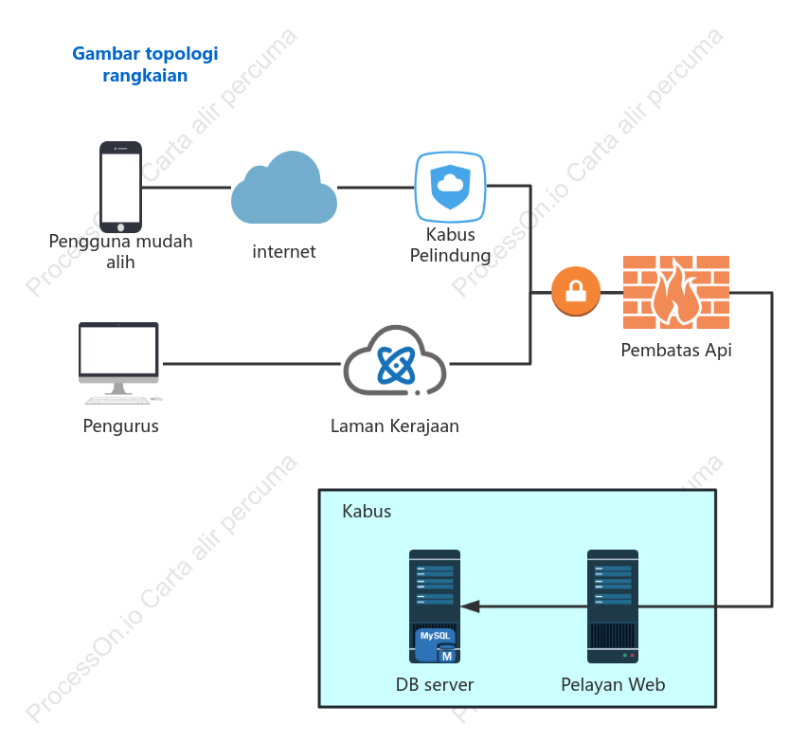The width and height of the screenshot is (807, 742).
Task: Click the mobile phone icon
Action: (x=120, y=187)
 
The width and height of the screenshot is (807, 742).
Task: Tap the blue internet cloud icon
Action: (x=284, y=188)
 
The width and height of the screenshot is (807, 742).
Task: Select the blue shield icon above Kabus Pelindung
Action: (x=450, y=187)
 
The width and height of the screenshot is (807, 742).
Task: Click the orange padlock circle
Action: (x=576, y=291)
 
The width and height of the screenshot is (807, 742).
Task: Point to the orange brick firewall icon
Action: (x=676, y=292)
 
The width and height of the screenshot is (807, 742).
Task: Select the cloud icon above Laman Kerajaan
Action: (x=395, y=360)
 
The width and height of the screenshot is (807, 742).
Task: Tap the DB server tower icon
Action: (x=435, y=606)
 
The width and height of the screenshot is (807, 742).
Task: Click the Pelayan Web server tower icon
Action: (x=613, y=606)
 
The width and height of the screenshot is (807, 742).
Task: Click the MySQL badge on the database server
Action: (x=436, y=644)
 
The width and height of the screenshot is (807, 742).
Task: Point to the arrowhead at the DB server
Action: (x=470, y=606)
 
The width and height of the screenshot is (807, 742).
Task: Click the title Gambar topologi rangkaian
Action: (x=145, y=64)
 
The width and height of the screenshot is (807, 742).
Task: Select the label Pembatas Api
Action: (x=676, y=350)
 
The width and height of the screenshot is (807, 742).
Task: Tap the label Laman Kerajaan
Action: (x=395, y=425)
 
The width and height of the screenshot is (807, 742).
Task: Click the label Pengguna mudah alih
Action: (x=120, y=252)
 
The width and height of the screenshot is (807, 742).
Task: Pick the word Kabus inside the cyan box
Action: (x=367, y=512)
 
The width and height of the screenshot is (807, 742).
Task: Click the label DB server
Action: (x=435, y=685)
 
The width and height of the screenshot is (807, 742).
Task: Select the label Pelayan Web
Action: (x=613, y=685)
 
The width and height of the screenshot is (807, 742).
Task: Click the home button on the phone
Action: (x=121, y=227)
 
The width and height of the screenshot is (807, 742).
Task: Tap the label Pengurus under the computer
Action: (x=121, y=426)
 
